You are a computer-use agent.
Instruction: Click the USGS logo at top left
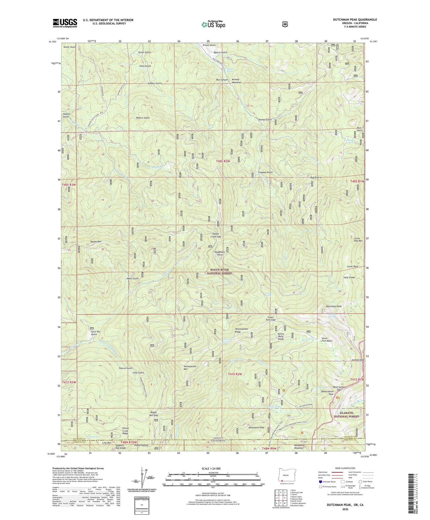65,23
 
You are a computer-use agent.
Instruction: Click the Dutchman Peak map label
334,306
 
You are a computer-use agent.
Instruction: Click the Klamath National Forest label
346,414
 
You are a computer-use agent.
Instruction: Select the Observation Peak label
327,393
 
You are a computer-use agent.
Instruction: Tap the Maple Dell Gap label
154,414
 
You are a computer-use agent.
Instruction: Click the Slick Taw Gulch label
96,333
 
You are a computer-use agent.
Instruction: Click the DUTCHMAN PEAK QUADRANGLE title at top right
351,20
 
